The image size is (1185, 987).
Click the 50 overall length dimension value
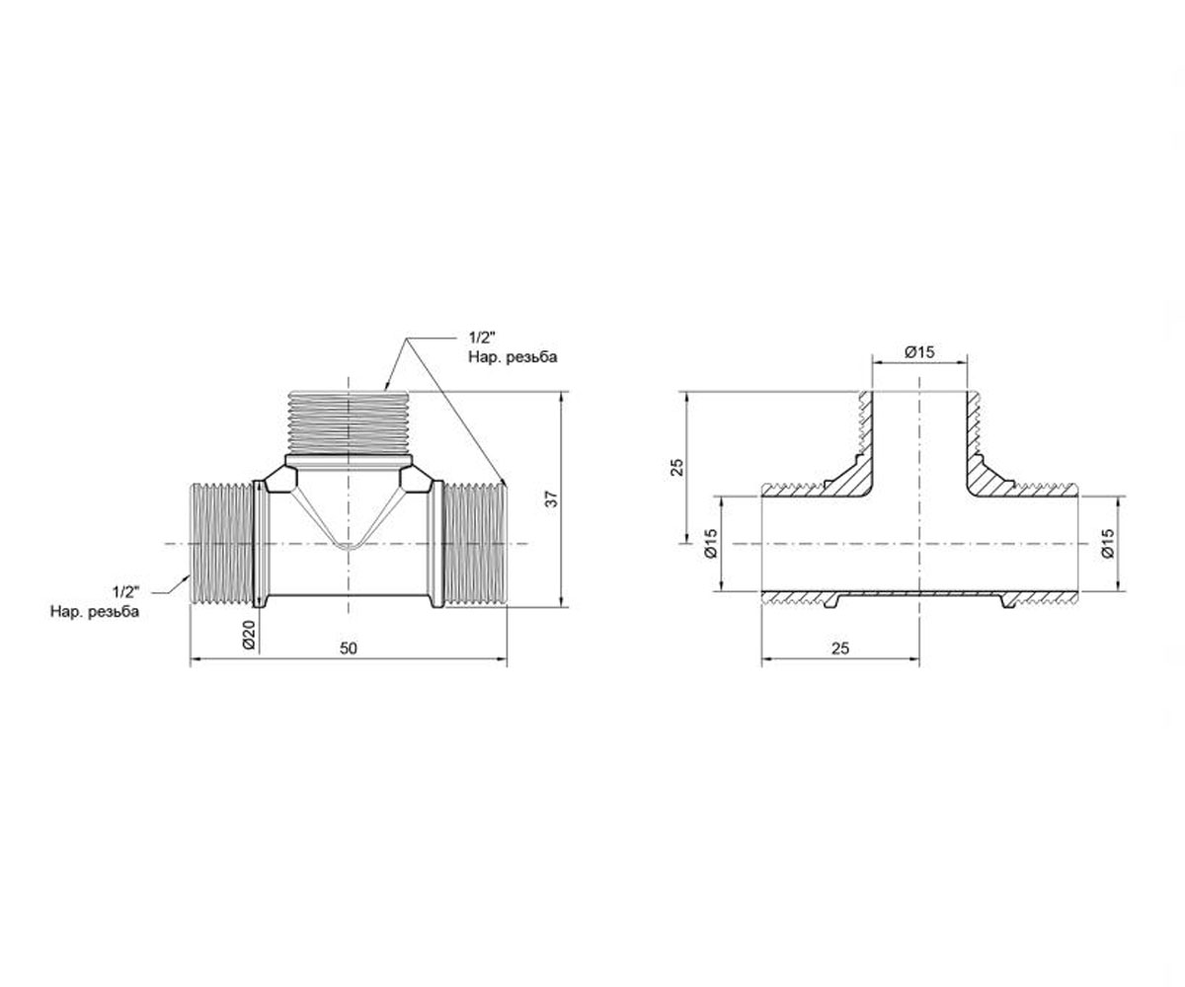[x=349, y=647]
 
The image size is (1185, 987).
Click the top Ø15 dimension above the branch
[x=919, y=352]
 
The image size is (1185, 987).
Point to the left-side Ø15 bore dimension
[x=711, y=544]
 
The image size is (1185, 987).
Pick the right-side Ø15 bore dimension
[x=1108, y=544]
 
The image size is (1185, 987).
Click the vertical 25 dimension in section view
[x=677, y=467]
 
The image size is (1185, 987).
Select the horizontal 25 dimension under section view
[x=840, y=647]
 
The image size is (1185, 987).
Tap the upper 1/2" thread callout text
[x=482, y=339]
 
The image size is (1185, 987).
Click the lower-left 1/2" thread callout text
[x=125, y=592]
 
